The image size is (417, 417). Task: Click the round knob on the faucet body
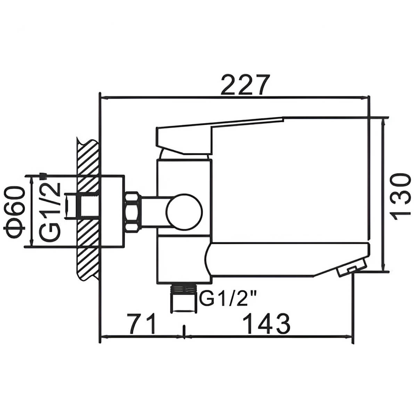(x=184, y=212)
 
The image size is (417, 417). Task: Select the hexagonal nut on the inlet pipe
(x=133, y=212)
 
